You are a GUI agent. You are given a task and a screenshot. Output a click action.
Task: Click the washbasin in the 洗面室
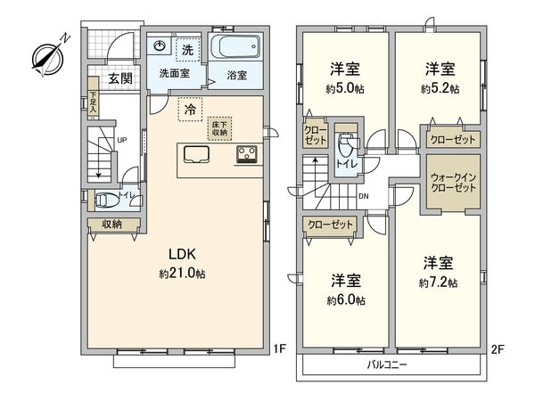pos(160,46)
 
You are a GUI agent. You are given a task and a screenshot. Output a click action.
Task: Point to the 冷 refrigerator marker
pos(190,110)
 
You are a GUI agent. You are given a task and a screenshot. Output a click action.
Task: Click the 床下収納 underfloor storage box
pos(219,127)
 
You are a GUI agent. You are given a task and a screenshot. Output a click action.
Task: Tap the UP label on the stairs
pos(121,141)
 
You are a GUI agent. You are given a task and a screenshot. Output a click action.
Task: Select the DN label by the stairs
pos(363,197)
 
